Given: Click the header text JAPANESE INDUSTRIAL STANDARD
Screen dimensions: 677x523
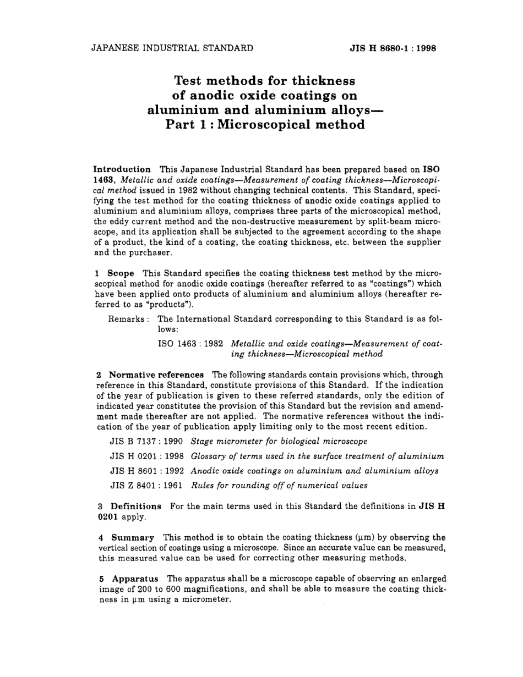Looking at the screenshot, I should coord(172,47).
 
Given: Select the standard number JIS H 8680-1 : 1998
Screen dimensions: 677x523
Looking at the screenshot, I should coord(393,48).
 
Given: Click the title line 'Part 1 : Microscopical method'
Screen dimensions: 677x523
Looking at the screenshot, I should coord(265,125).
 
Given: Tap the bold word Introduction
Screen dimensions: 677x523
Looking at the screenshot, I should coord(122,169).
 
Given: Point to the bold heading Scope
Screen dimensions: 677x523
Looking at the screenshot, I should coord(121,273).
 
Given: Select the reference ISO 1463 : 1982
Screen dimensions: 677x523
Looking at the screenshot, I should coord(190,344).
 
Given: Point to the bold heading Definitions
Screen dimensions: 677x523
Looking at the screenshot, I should coord(136,506).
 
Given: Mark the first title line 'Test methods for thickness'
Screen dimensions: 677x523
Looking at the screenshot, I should coord(265,81).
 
